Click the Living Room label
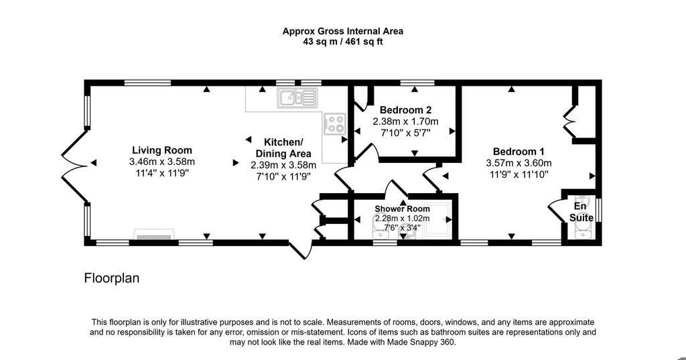point(162,151)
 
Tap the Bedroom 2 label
point(405,110)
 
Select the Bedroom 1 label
point(519,152)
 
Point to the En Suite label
point(581,212)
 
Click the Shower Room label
point(402,209)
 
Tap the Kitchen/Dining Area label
point(283,148)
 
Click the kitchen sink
point(297,97)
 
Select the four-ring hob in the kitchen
point(335,124)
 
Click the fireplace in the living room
point(154,235)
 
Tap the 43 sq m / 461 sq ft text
point(342,42)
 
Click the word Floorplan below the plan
point(112,278)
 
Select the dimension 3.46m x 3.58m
point(162,162)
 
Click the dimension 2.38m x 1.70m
point(405,121)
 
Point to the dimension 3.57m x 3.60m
point(519,164)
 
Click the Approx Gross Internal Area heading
point(342,32)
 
